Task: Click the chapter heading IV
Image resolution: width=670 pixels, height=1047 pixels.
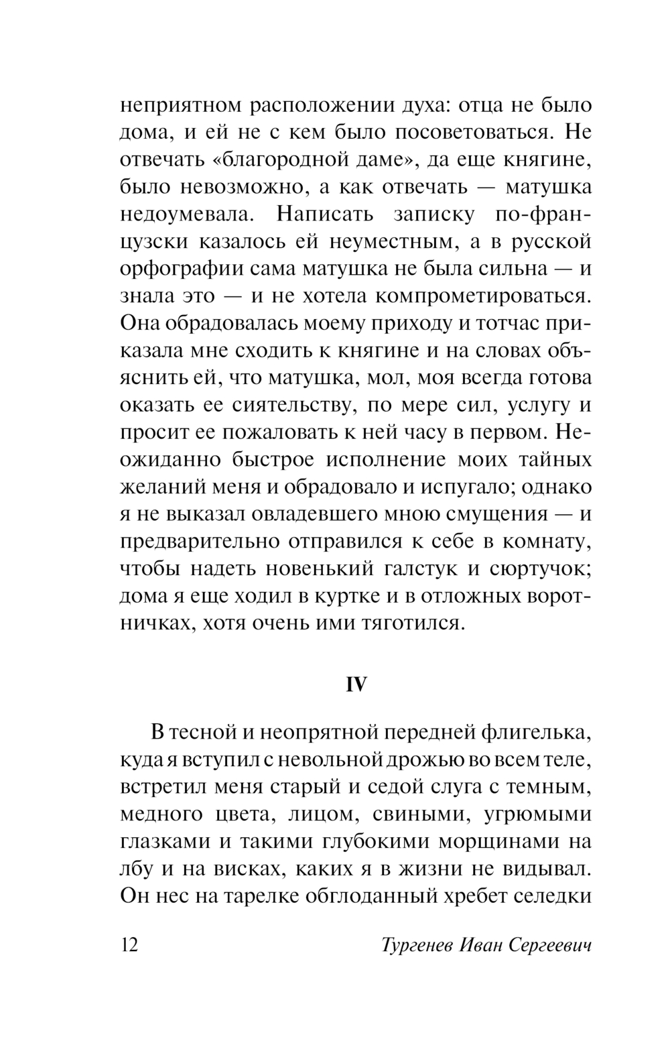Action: [356, 684]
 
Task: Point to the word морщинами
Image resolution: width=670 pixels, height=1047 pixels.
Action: [492, 842]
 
